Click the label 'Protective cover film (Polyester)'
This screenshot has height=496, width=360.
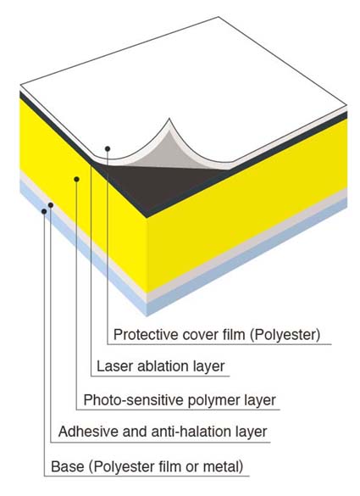(217, 335)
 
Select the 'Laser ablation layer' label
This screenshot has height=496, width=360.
(161, 366)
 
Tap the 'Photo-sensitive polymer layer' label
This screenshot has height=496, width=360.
(180, 400)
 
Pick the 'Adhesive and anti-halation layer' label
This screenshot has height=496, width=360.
(163, 432)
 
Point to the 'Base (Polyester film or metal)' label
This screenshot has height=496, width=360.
(147, 466)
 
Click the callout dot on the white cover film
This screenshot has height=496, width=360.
(108, 148)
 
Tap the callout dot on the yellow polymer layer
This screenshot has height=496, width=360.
(76, 180)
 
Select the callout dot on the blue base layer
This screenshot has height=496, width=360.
(44, 211)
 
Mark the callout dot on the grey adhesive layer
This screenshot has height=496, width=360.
(51, 205)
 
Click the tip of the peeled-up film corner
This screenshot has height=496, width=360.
(169, 119)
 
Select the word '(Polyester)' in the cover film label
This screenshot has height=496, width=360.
(285, 335)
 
